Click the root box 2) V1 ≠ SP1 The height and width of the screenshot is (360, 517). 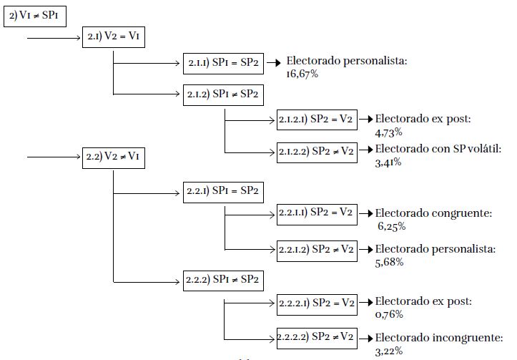click(34, 16)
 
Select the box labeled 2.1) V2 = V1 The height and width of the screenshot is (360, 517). click(114, 37)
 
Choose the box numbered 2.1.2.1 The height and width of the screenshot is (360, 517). click(316, 120)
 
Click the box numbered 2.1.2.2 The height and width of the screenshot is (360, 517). click(316, 150)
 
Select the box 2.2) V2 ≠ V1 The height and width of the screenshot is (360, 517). click(114, 157)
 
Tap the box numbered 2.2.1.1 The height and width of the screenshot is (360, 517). click(316, 213)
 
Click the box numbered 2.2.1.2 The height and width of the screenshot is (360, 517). click(316, 248)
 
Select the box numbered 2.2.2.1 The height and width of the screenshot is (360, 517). click(316, 303)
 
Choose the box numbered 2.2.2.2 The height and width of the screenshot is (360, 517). click(316, 336)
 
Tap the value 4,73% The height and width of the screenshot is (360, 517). click(388, 132)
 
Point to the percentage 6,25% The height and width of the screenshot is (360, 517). click(392, 226)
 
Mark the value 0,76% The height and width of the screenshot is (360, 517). click(388, 315)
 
